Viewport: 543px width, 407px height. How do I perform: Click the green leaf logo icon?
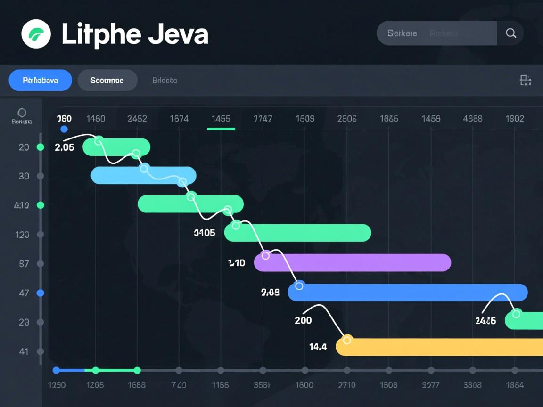coord(36,34)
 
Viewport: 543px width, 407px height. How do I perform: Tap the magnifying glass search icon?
coord(510,33)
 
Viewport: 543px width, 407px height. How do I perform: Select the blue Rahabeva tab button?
coord(41,80)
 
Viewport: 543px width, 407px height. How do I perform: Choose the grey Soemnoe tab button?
coord(107,80)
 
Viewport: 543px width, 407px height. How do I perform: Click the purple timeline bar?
coord(353,262)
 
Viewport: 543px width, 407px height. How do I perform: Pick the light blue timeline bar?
coord(144,175)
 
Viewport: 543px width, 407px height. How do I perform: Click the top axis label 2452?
coord(137,119)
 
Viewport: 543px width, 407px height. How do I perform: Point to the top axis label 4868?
coord(473,119)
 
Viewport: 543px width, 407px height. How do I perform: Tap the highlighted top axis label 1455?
coord(221,119)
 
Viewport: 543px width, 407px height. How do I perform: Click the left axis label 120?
coord(22,235)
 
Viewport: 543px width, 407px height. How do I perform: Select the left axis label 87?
coord(24,264)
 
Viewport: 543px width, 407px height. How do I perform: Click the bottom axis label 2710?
coord(347,385)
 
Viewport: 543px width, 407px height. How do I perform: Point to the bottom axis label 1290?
coord(57,385)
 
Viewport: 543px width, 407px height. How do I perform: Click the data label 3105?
coord(204,233)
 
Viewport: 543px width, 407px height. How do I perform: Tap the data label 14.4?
coord(318,347)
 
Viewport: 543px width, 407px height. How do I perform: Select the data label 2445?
coord(485,321)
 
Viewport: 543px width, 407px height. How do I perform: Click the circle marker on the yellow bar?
coord(347,340)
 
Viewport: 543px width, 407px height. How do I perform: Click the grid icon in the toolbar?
coord(526,80)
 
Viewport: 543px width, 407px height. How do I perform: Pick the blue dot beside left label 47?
coord(41,293)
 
